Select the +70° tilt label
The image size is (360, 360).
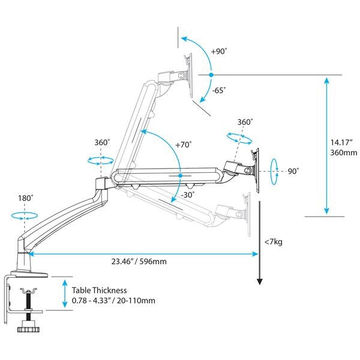tap(183, 145)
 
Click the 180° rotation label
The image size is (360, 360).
tap(25, 197)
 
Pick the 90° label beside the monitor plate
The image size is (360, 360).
tap(293, 171)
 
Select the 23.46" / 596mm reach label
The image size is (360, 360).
tap(139, 262)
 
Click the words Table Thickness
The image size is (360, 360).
tap(98, 289)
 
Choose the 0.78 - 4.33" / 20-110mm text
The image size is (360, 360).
tap(113, 300)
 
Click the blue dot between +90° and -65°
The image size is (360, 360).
tap(211, 74)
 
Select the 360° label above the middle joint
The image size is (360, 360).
tap(102, 143)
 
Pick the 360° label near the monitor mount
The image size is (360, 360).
tap(244, 122)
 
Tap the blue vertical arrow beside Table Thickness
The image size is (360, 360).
tap(64, 293)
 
